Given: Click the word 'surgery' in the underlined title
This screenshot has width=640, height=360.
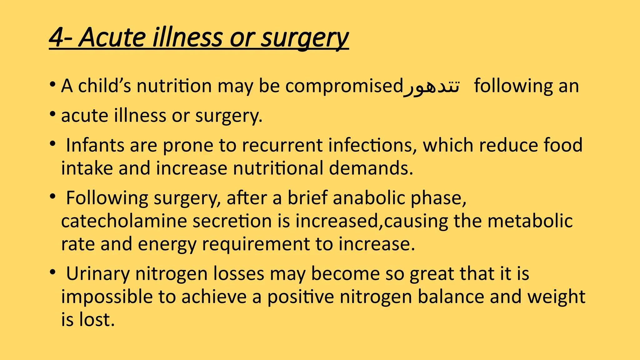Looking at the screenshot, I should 304,38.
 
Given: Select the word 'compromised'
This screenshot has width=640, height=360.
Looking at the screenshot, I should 344,86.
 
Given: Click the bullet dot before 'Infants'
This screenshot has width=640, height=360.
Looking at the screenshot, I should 52,144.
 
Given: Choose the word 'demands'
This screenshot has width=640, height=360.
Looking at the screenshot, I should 371,168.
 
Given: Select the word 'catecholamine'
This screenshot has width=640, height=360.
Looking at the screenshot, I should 124,221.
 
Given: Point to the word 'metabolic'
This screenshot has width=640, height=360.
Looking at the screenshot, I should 530,221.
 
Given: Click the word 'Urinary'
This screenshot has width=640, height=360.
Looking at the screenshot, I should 98,274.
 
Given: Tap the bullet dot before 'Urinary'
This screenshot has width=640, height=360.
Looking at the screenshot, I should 52,272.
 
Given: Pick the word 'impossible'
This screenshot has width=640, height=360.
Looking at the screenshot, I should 107,297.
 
